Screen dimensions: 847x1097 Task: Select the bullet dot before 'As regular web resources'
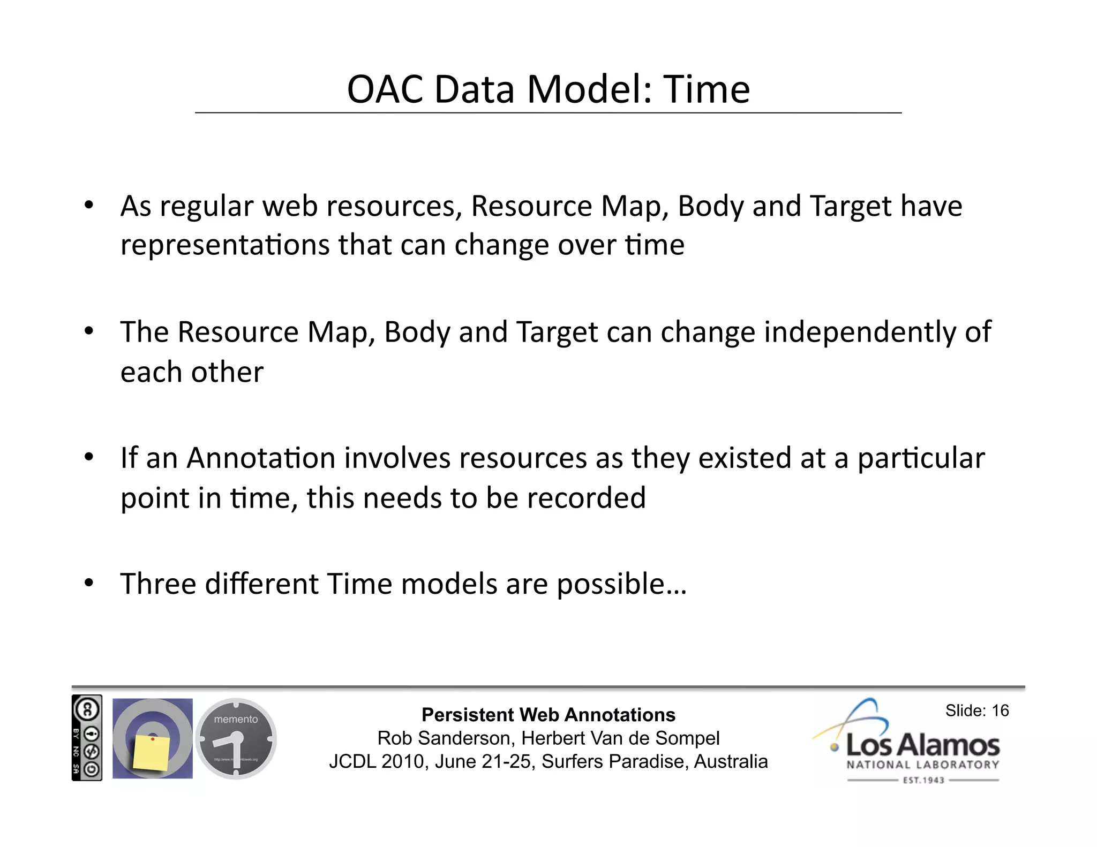point(89,205)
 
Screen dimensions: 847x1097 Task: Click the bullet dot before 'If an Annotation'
point(89,457)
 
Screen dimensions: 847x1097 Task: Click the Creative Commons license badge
point(87,738)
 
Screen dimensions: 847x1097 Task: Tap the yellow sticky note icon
point(151,752)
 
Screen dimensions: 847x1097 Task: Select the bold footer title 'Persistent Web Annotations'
point(548,715)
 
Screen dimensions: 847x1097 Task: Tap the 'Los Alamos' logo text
point(922,745)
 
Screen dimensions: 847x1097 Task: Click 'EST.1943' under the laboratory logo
point(923,780)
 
